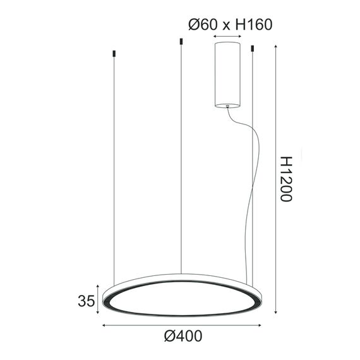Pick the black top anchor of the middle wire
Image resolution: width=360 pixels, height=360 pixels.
coord(181,42)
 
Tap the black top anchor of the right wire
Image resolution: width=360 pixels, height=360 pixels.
coord(252,48)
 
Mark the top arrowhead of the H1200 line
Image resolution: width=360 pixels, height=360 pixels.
coord(277,47)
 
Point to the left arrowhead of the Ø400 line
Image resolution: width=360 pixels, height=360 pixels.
coord(105,326)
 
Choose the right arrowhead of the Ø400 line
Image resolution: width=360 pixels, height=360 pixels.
coord(260,326)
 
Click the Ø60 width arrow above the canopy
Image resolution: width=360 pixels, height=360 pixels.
coord(228,37)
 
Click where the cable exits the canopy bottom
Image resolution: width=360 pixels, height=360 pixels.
coord(227,107)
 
